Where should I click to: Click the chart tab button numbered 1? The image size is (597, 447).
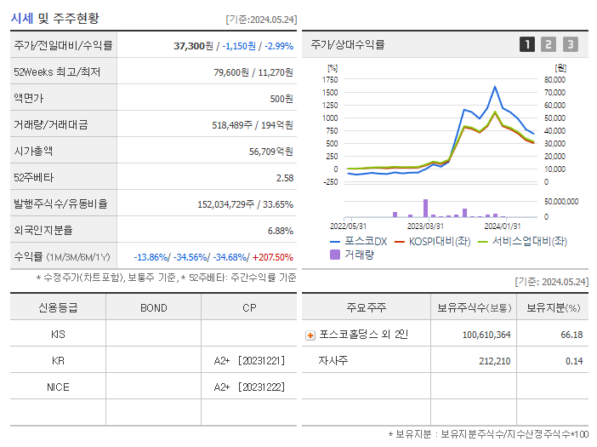527,44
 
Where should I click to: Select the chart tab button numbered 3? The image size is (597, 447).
570,44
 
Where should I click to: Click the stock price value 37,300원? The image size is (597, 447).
194,45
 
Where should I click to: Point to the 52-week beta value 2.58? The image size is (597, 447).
284,178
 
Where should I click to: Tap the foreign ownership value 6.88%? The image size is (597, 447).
280,231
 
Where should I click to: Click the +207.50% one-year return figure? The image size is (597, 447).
273,257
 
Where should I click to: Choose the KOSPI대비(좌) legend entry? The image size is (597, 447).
432,241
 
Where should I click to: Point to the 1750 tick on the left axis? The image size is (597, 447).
330,79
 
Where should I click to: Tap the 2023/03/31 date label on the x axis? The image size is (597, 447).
424,226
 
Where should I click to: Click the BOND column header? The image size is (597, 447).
153,307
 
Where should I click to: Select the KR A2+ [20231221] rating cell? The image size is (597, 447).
248,361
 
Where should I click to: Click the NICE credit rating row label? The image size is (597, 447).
58,387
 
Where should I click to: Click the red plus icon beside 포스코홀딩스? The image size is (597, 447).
310,335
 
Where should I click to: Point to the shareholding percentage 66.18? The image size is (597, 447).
571,335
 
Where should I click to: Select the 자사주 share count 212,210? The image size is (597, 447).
493,361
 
